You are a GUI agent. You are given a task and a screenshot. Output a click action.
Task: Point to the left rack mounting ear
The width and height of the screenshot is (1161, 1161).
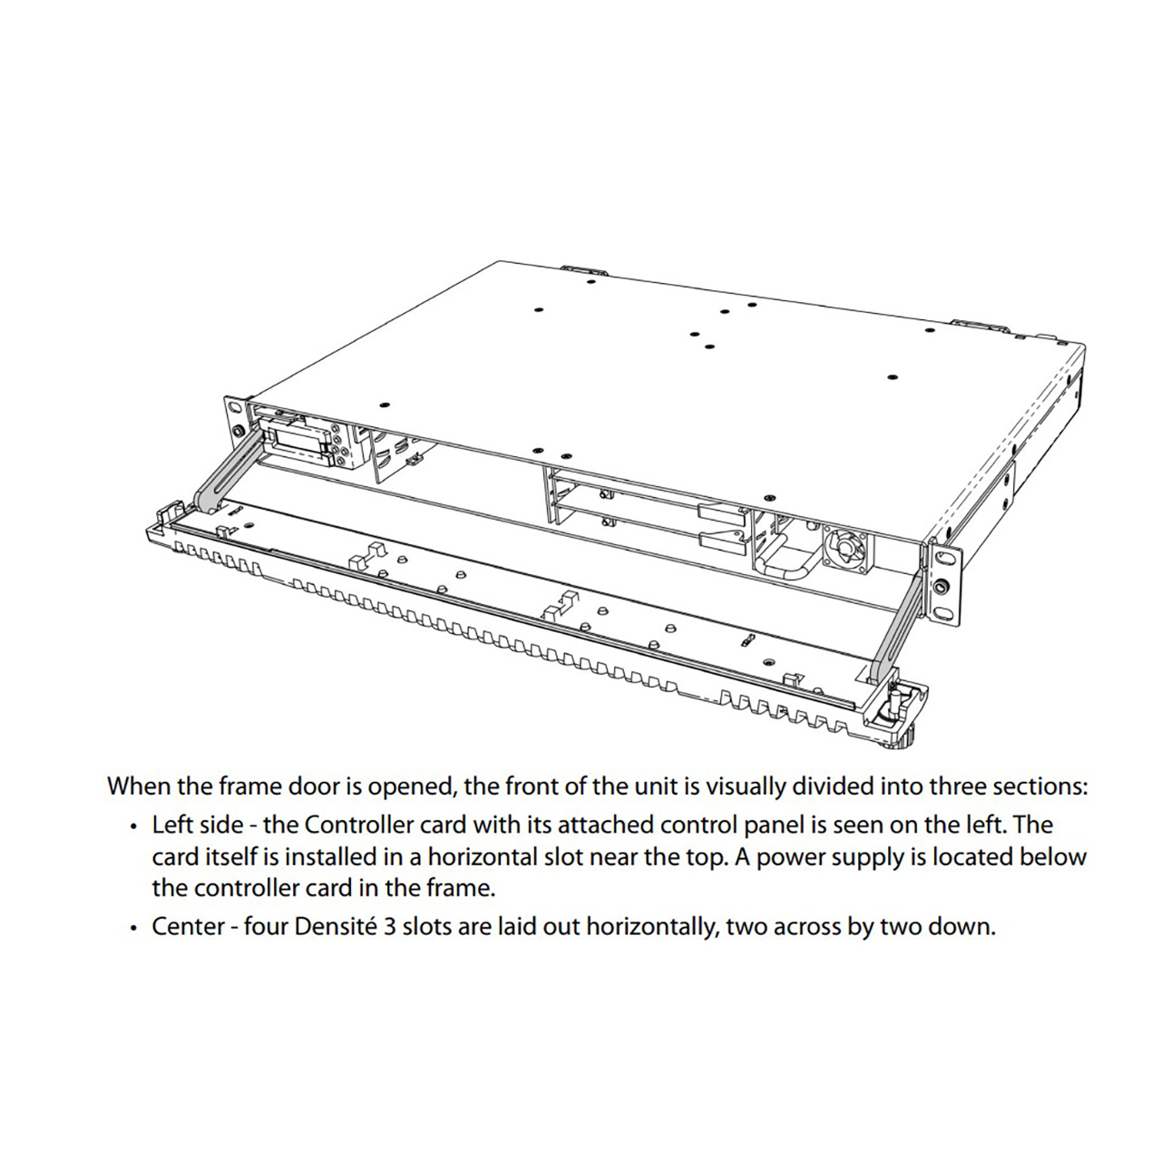[x=236, y=428]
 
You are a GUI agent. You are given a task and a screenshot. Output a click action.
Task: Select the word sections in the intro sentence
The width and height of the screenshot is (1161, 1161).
[x=1043, y=786]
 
